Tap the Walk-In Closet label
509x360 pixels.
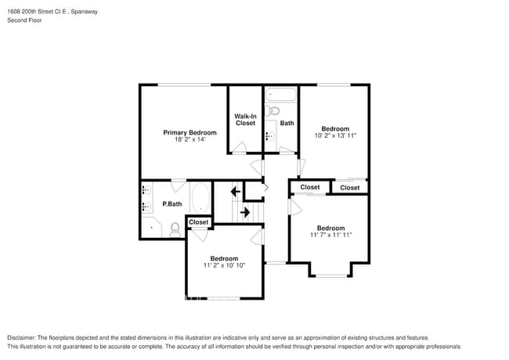point(245,120)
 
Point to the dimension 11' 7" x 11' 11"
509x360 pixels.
point(330,235)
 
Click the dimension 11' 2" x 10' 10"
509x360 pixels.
point(223,265)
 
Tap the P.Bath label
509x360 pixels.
point(171,204)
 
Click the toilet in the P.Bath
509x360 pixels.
point(175,229)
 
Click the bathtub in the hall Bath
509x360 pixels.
point(280,96)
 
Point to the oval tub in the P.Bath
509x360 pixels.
point(200,199)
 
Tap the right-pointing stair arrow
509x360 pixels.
point(244,212)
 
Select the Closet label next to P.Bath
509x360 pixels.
point(199,222)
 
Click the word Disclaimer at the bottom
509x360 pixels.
point(23,337)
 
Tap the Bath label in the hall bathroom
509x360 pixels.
point(287,124)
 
